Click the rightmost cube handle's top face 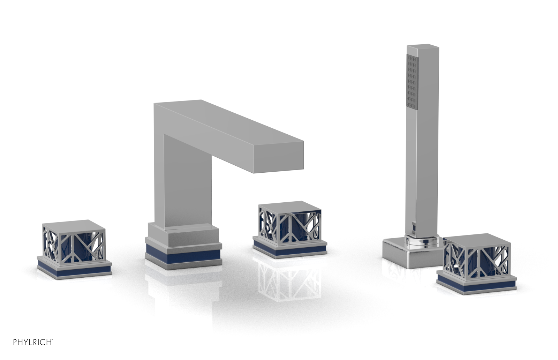pyautogui.click(x=478, y=239)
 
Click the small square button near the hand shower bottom pyautogui.click(x=414, y=228)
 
